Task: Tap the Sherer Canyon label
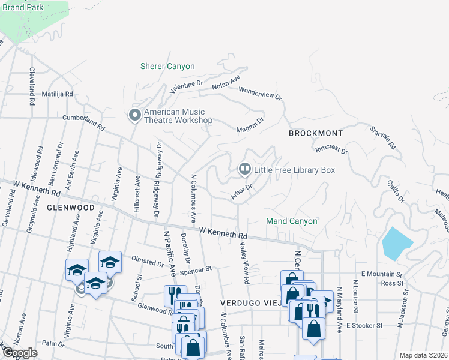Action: (x=167, y=66)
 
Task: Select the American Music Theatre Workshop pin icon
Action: (x=135, y=115)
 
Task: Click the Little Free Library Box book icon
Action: (x=244, y=170)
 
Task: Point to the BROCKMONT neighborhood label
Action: (x=315, y=133)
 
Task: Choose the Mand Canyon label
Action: (x=291, y=221)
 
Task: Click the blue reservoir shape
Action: (x=397, y=244)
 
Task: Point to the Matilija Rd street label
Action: (x=57, y=94)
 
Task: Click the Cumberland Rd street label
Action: (x=83, y=123)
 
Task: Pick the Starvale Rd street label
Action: (x=383, y=137)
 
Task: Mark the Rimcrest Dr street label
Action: (x=331, y=148)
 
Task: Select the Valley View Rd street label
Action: (x=244, y=262)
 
